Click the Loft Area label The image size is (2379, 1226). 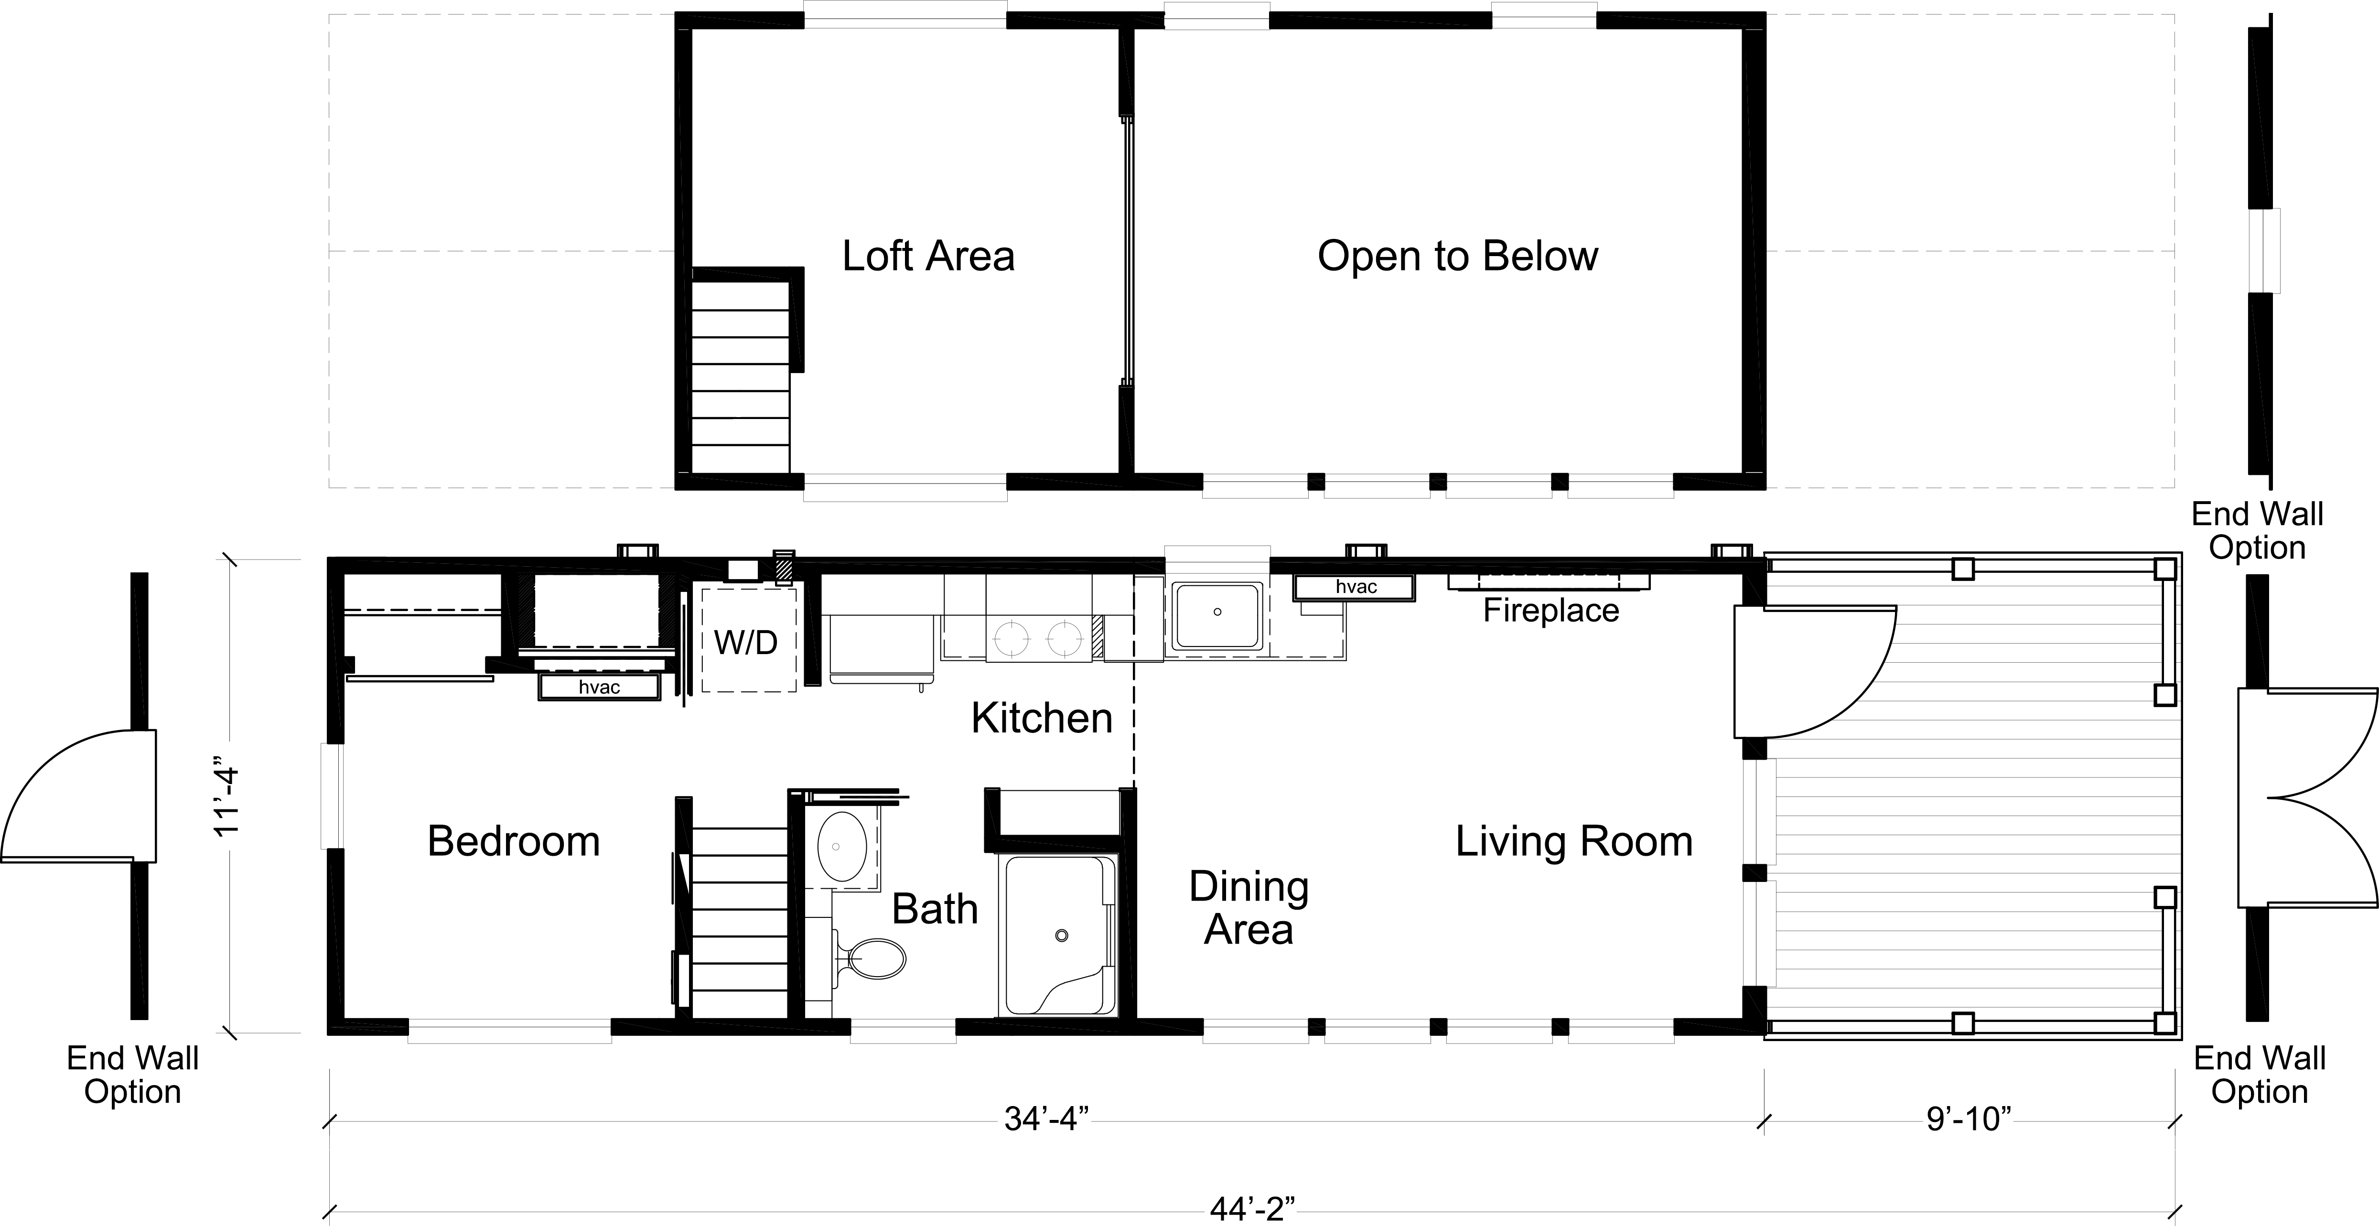click(928, 256)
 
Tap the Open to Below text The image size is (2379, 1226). click(1457, 256)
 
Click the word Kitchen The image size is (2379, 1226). click(1042, 718)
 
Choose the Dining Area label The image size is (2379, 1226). click(1249, 907)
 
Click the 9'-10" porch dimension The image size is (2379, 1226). click(1968, 1120)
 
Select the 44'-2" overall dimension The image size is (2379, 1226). click(1252, 1209)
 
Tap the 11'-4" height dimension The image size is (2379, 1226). click(227, 796)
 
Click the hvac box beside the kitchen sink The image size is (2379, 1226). click(1354, 587)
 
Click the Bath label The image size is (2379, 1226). click(935, 909)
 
